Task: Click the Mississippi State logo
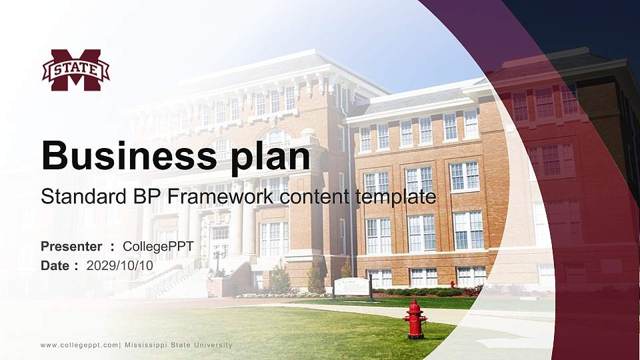coord(75,69)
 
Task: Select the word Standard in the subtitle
coord(75,197)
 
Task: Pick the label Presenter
coord(71,247)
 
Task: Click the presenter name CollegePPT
coord(158,247)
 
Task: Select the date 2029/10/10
coord(120,265)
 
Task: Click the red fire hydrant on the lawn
coord(415,319)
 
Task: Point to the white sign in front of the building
coord(351,286)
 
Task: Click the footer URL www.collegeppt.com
coord(79,345)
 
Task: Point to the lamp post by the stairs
coord(217,262)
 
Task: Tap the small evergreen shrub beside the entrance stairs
coord(280,279)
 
